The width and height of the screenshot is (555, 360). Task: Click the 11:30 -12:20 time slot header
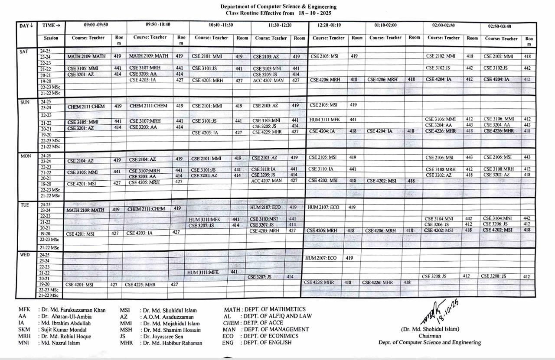click(280, 26)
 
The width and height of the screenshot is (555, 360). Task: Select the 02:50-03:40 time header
click(499, 26)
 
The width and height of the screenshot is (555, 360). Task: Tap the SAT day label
click(24, 52)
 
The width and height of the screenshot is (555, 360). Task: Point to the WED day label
click(25, 255)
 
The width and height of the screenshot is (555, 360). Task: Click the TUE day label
click(25, 205)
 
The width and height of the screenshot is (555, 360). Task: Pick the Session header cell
click(51, 39)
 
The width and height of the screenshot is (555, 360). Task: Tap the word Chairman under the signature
click(430, 336)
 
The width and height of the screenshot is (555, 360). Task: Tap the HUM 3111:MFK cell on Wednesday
click(206, 272)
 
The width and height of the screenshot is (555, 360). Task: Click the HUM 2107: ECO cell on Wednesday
click(321, 258)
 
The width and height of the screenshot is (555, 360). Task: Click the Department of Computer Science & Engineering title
click(278, 6)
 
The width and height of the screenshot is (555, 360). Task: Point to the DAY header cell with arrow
click(26, 26)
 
